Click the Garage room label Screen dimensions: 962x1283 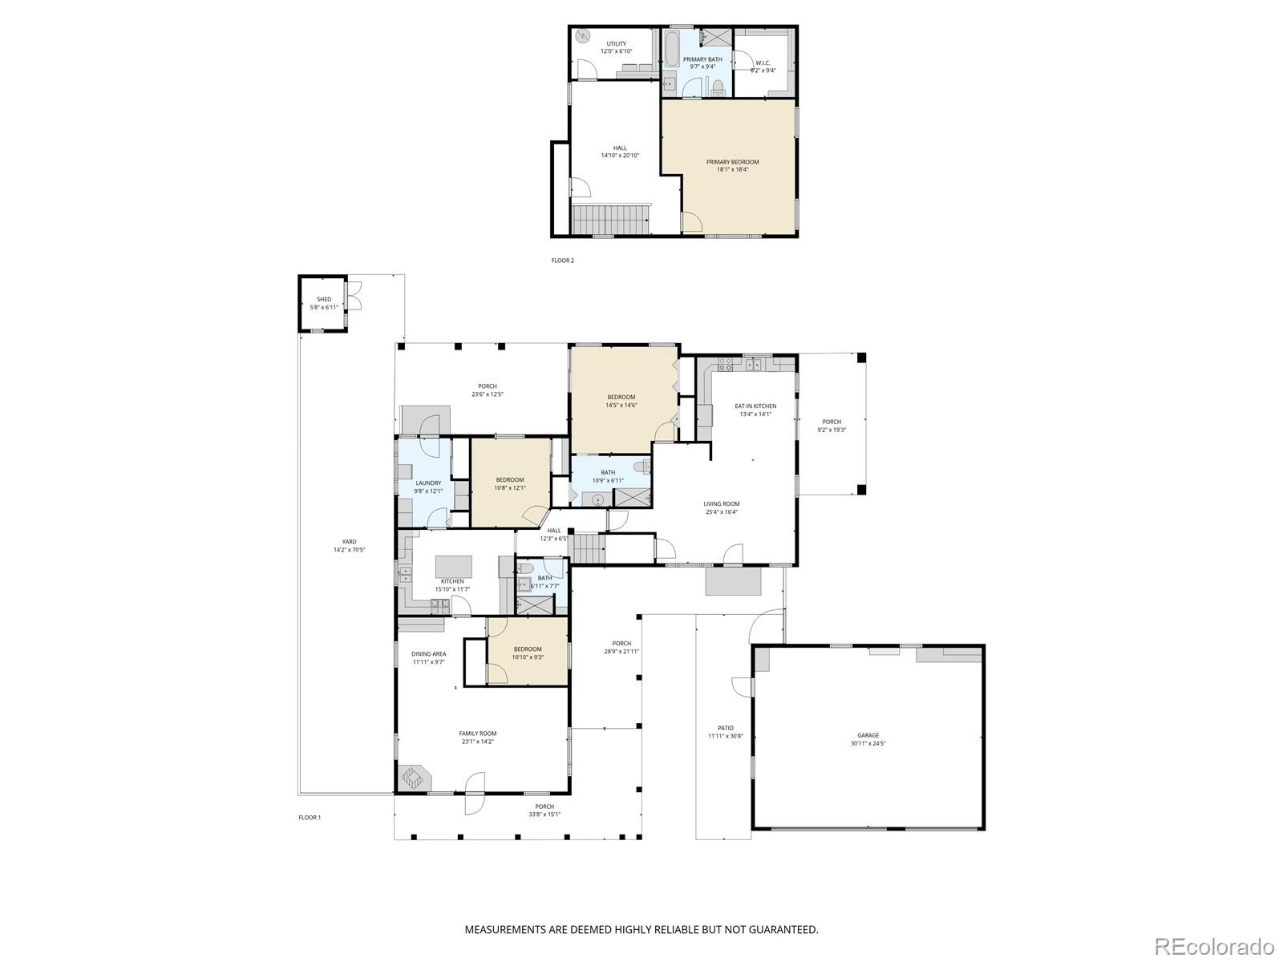click(868, 735)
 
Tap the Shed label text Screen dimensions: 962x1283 click(324, 299)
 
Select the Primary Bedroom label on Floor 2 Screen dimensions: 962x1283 click(732, 162)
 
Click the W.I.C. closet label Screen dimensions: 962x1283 click(763, 63)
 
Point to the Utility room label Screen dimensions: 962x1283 click(616, 44)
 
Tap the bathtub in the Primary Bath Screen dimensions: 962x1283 click(671, 49)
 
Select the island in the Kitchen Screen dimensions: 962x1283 click(454, 566)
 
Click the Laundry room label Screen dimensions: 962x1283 click(428, 483)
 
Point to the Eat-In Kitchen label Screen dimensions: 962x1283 click(755, 406)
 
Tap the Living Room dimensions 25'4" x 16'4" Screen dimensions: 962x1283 click(722, 511)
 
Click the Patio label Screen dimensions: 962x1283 click(726, 728)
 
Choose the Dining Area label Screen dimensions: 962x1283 click(429, 653)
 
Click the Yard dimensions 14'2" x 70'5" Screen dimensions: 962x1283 click(350, 550)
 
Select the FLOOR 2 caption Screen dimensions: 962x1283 click(563, 261)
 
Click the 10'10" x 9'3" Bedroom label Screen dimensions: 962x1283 click(528, 657)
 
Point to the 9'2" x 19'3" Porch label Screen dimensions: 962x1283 click(832, 430)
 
